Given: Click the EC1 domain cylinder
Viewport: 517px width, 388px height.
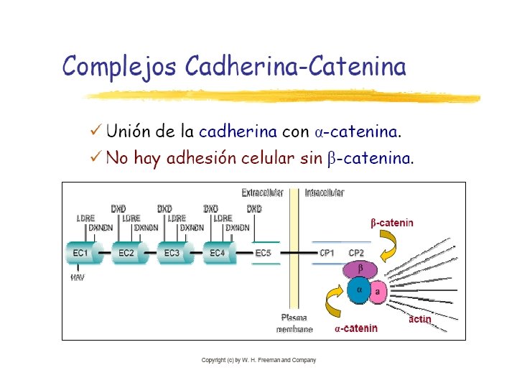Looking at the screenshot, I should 81,253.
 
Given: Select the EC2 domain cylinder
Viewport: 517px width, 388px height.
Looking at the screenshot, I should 127,253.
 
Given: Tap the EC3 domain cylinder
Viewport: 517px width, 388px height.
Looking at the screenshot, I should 172,253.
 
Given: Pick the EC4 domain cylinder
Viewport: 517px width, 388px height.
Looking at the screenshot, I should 218,253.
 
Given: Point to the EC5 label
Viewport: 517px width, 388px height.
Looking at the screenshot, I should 264,253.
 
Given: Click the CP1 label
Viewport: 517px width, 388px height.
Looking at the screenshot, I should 327,253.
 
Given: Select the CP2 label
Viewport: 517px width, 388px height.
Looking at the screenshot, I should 356,253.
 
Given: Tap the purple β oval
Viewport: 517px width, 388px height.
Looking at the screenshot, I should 360,269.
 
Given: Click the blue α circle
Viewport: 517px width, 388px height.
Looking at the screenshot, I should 359,290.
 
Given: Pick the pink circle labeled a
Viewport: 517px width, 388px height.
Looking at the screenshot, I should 378,290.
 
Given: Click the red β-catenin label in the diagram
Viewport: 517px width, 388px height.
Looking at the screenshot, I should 392,223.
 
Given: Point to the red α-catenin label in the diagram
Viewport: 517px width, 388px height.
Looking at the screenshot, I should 356,328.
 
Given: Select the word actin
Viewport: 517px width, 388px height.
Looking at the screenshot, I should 420,319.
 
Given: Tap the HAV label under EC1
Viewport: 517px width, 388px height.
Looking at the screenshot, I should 77,277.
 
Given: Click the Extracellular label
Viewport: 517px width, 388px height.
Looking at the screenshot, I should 263,193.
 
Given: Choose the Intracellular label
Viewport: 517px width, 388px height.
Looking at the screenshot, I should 325,193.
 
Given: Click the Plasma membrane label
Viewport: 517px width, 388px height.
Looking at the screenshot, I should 294,323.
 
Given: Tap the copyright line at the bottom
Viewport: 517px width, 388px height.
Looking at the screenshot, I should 258,360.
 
